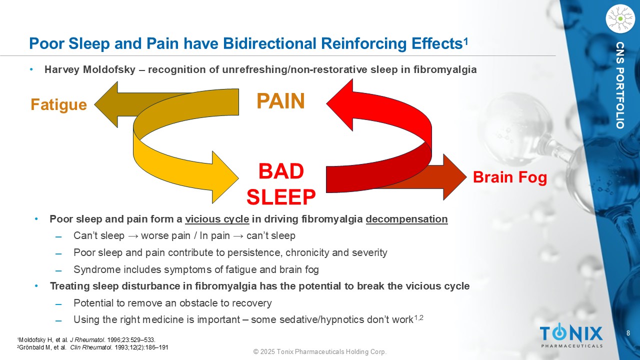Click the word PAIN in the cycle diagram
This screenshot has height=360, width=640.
[280, 101]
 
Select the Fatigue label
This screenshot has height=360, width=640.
[58, 104]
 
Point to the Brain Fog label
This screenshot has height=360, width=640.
[510, 177]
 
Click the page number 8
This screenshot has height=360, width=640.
[628, 333]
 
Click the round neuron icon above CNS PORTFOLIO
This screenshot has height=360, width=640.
[619, 18]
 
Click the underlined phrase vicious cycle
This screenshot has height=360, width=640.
[217, 219]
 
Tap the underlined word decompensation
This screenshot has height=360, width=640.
[406, 219]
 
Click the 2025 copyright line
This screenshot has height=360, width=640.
[320, 352]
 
